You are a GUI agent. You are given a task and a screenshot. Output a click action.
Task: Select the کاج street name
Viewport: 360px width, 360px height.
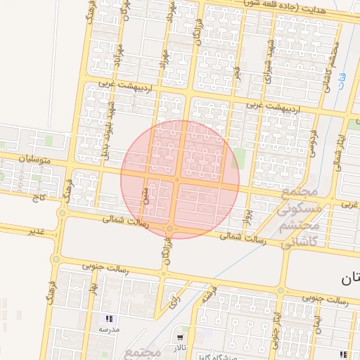[37, 199]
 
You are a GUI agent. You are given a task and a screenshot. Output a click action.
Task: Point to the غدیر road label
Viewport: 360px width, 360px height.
[36, 231]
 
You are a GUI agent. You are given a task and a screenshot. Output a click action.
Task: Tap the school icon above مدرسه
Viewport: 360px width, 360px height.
[108, 319]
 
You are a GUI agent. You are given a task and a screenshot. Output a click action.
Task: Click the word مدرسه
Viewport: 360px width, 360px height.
[108, 329]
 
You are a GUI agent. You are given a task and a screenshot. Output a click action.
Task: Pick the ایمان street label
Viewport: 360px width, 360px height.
[316, 323]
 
